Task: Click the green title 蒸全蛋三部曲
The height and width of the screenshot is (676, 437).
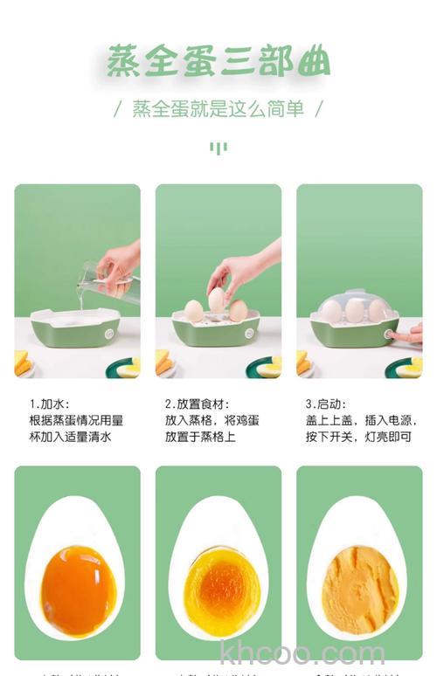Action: click(x=218, y=62)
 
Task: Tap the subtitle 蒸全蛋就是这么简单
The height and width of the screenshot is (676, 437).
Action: click(x=218, y=109)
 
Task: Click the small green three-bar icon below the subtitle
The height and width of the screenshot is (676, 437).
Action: click(x=218, y=148)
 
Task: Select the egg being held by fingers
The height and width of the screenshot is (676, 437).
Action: click(x=216, y=300)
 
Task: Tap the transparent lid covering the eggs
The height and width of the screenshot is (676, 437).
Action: click(x=354, y=305)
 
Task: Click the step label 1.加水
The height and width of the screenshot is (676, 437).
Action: click(x=49, y=404)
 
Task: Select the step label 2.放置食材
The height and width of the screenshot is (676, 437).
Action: click(x=197, y=404)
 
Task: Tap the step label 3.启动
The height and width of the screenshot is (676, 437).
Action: click(x=326, y=404)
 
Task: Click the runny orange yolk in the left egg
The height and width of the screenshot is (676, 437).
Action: click(x=78, y=590)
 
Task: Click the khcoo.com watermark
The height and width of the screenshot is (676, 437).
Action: click(x=302, y=653)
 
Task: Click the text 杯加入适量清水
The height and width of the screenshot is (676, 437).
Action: click(x=71, y=437)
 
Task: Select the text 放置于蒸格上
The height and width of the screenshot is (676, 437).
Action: click(x=200, y=437)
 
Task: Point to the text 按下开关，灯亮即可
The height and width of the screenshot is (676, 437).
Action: click(x=358, y=437)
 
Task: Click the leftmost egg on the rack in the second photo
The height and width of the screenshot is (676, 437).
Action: click(x=193, y=310)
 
